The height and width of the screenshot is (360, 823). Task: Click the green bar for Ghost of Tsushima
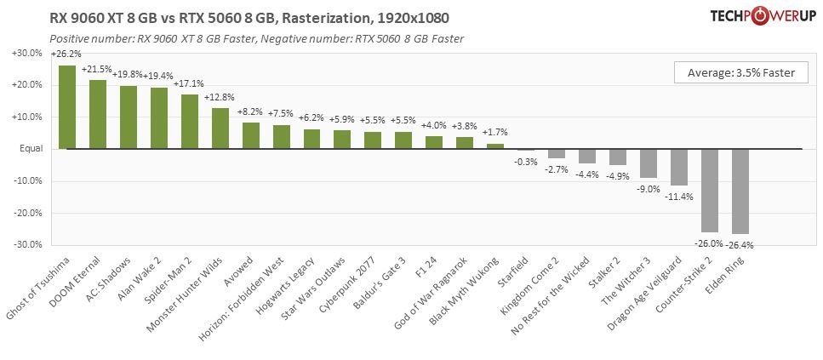pyautogui.click(x=67, y=107)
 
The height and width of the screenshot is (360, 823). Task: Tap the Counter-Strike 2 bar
pyautogui.click(x=709, y=191)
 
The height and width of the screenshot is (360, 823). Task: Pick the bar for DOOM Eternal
pyautogui.click(x=98, y=115)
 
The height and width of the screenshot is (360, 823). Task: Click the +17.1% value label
pyautogui.click(x=188, y=83)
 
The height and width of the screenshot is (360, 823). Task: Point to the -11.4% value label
pyautogui.click(x=678, y=197)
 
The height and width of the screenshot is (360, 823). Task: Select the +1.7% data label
pyautogui.click(x=495, y=133)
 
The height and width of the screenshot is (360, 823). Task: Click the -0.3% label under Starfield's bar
pyautogui.click(x=525, y=162)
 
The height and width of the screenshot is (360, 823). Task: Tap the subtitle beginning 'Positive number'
pyautogui.click(x=256, y=39)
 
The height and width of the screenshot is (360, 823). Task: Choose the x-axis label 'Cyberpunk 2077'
pyautogui.click(x=355, y=279)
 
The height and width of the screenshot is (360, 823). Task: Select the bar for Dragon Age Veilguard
pyautogui.click(x=678, y=168)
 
